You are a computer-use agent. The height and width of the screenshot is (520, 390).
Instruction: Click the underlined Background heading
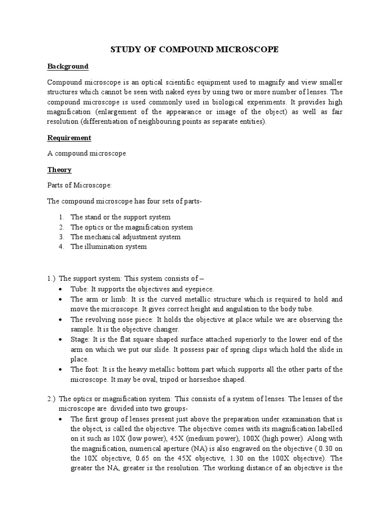pyautogui.click(x=68, y=67)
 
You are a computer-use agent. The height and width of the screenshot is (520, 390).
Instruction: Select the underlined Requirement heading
pyautogui.click(x=69, y=138)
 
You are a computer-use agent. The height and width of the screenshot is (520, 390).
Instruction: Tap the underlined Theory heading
pyautogui.click(x=59, y=170)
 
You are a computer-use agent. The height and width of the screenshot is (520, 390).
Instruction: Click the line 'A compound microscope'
pyautogui.click(x=86, y=153)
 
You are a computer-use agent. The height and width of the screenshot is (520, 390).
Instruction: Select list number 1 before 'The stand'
pyautogui.click(x=60, y=217)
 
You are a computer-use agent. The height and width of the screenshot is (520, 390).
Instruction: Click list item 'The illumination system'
pyautogui.click(x=109, y=247)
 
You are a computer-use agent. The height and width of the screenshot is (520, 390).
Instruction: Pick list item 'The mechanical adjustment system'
pyautogui.click(x=125, y=237)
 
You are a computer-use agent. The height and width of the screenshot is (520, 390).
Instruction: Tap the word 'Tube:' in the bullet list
pyautogui.click(x=79, y=289)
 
